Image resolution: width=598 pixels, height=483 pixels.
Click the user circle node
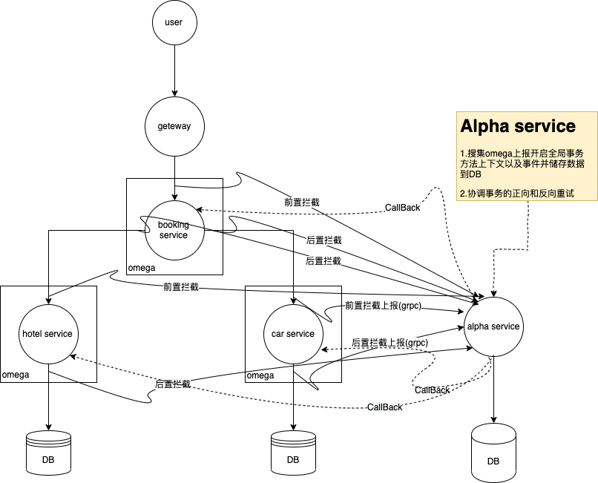(x=174, y=23)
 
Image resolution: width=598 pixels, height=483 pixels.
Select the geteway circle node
(x=174, y=126)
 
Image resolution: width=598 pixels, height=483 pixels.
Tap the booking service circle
(x=174, y=229)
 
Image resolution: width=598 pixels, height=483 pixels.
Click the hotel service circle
(x=47, y=334)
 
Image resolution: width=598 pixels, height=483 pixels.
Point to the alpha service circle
(x=493, y=326)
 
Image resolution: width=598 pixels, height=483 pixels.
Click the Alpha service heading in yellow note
(x=518, y=126)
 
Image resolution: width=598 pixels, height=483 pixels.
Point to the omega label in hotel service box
(x=16, y=375)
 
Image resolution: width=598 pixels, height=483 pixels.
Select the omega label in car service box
(x=260, y=375)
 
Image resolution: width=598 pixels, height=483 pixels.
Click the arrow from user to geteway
(x=174, y=71)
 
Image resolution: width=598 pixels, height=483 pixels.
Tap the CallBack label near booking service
(x=402, y=208)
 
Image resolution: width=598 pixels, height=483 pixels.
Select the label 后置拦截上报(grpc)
(x=390, y=343)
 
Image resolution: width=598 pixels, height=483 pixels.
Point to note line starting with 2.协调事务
(x=517, y=194)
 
